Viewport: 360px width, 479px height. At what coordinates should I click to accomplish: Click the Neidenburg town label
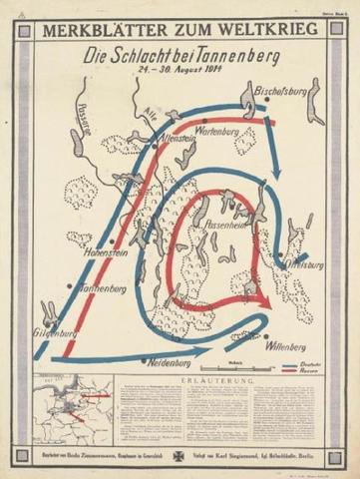point(172,366)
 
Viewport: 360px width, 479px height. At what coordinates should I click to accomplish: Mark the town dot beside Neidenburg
point(145,360)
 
